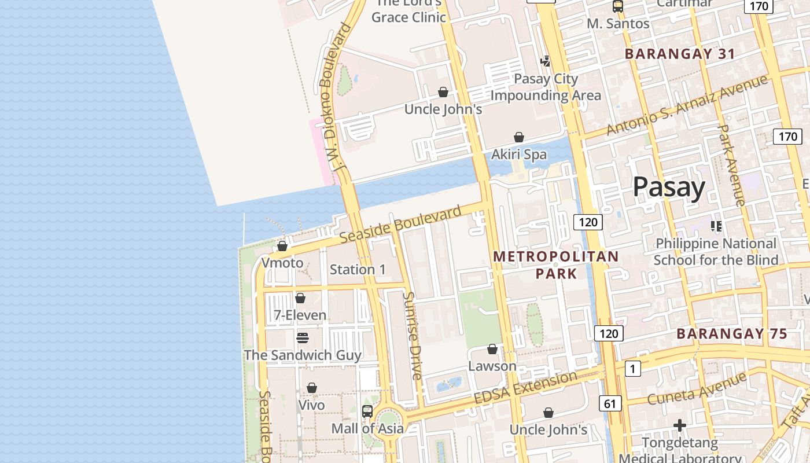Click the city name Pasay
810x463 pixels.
[x=668, y=188]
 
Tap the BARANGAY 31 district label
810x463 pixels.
[x=680, y=54]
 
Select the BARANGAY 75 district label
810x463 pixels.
[x=732, y=334]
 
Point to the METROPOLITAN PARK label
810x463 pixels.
[x=556, y=264]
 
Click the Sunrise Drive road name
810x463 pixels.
[x=413, y=335]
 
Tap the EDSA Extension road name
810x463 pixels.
[x=525, y=388]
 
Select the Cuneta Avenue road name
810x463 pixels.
[x=697, y=389]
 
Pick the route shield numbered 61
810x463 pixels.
[x=610, y=403]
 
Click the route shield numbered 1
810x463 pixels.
[x=633, y=368]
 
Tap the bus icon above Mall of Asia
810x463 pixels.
[x=367, y=411]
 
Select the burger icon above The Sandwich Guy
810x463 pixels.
[x=302, y=337]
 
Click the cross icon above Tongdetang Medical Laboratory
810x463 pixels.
[x=680, y=426]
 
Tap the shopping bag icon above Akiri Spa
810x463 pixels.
[x=519, y=137]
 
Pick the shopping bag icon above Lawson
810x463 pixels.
[x=492, y=349]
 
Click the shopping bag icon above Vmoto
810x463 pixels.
[x=282, y=246]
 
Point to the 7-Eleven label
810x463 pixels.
[x=300, y=315]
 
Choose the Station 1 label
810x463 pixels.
[x=358, y=269]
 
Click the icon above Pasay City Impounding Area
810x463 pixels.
[x=545, y=61]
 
